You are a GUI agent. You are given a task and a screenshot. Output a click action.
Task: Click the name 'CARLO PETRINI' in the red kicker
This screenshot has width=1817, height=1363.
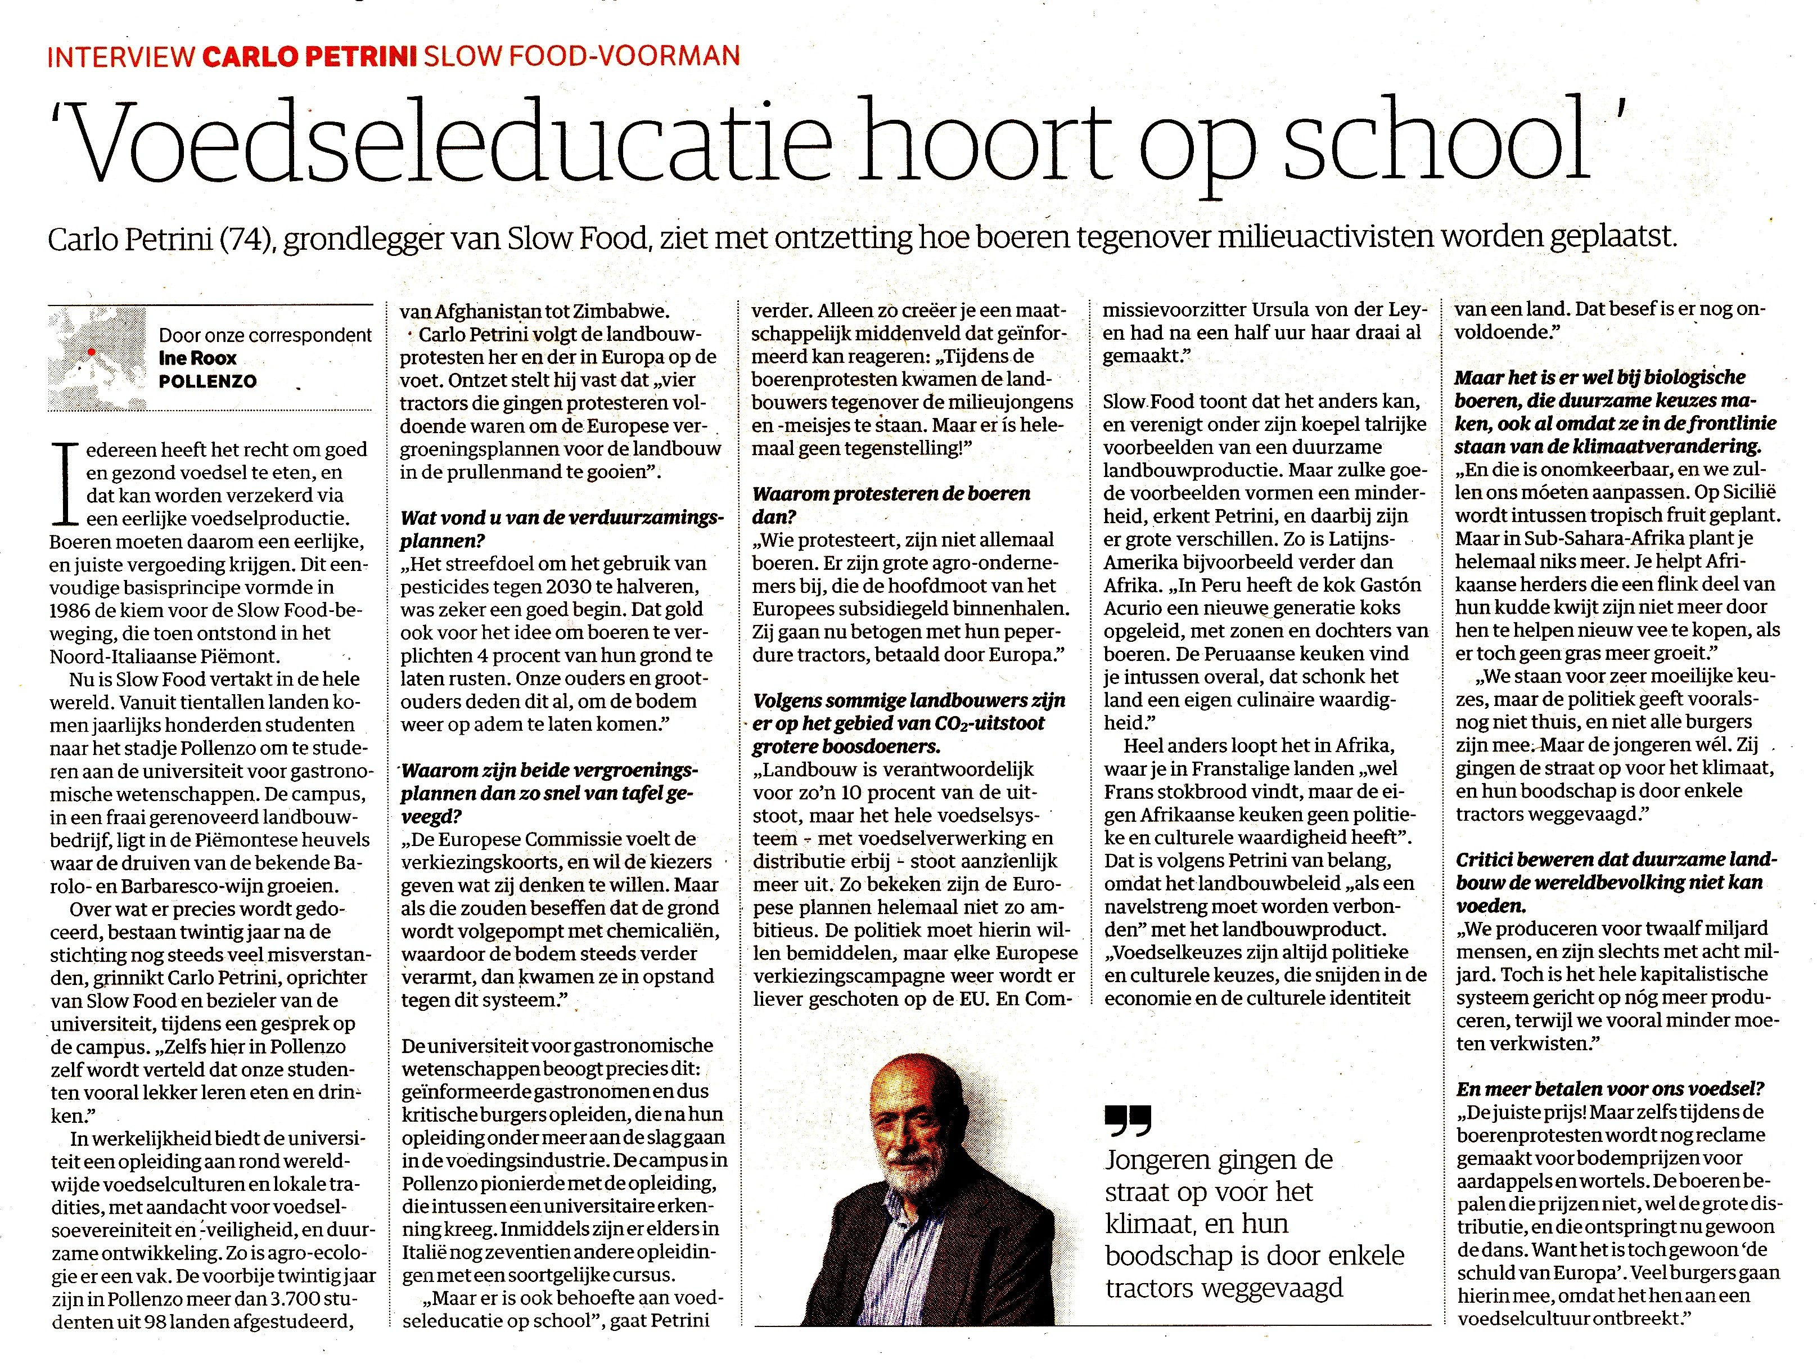309,55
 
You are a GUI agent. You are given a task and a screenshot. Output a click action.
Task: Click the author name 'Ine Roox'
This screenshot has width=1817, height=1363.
197,358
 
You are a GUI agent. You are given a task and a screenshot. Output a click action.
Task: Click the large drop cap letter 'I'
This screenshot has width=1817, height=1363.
63,484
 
